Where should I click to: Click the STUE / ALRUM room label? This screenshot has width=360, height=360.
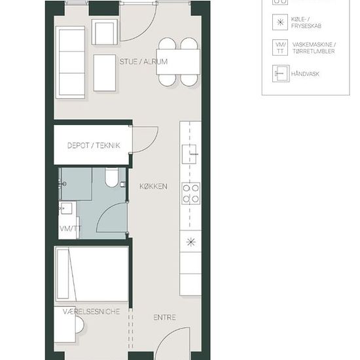(x=143, y=62)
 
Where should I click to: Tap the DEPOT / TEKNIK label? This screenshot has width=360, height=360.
(x=94, y=145)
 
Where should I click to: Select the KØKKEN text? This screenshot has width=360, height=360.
(x=153, y=186)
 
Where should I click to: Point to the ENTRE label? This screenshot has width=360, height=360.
(x=164, y=317)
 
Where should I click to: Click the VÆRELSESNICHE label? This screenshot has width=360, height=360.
(x=92, y=312)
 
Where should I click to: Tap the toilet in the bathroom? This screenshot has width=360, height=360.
(x=112, y=177)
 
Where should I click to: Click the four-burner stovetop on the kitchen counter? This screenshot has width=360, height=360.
(x=190, y=193)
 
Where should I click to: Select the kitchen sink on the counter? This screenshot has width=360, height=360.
(x=189, y=154)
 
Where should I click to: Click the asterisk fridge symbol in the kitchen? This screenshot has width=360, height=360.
(x=190, y=242)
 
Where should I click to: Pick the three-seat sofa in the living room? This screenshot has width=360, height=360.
(x=71, y=62)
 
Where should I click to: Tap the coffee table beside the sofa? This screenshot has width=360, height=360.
(x=105, y=73)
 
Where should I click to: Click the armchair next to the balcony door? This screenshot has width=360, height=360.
(x=105, y=32)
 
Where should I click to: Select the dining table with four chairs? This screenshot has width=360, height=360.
(x=178, y=62)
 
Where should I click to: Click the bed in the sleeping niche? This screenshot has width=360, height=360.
(x=92, y=274)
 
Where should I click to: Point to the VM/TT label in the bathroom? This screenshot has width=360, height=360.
(x=70, y=228)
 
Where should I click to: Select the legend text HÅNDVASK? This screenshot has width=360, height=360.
(x=305, y=74)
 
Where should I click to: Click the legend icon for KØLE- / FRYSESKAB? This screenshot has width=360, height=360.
(x=280, y=22)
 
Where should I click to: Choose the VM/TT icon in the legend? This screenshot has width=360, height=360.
(x=280, y=48)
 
